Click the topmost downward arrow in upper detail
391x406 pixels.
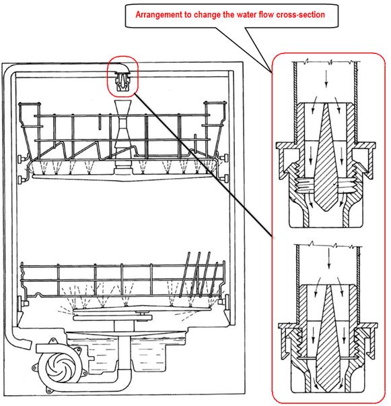(326, 78)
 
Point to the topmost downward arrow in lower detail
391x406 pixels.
(328, 258)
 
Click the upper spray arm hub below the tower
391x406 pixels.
(123, 168)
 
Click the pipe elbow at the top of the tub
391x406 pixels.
(121, 67)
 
